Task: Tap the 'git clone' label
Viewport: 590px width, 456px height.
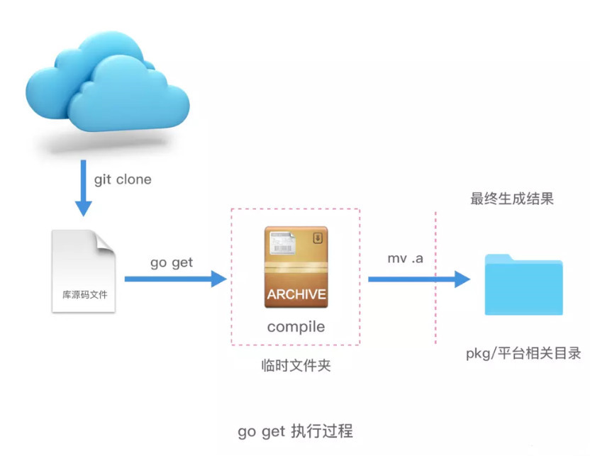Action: (123, 179)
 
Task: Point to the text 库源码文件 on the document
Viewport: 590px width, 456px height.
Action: (83, 294)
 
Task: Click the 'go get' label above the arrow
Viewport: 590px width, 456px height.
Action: (172, 262)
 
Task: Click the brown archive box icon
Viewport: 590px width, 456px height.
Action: (296, 267)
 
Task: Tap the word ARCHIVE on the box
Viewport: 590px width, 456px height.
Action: (296, 294)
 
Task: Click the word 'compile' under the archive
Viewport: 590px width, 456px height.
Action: (296, 328)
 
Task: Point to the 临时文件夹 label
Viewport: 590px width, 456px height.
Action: (296, 366)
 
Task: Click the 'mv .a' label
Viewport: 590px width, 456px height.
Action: (405, 259)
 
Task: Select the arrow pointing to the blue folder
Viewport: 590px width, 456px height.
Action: (418, 279)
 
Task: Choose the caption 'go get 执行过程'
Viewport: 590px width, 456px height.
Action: (295, 431)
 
